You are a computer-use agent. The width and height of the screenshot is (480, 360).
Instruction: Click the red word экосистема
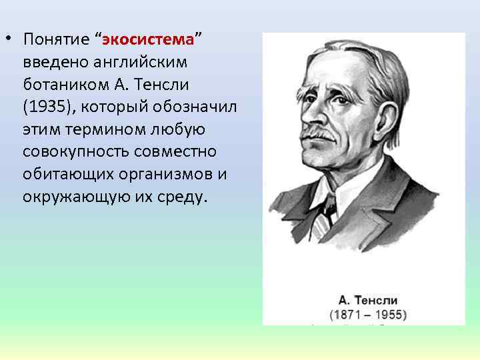click(x=148, y=39)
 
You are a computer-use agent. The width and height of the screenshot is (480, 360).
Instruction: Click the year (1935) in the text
click(x=46, y=107)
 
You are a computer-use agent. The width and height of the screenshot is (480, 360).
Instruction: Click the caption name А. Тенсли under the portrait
click(x=367, y=300)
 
